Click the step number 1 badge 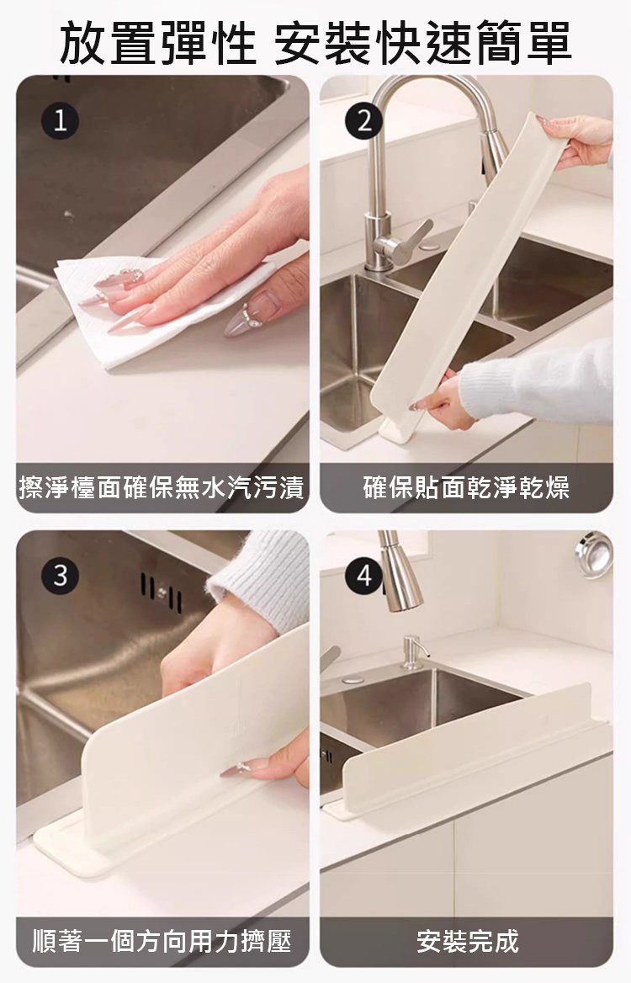pos(60,121)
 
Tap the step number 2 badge pos(364,121)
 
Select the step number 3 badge pos(60,575)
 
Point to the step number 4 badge pos(364,575)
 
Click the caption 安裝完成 pos(468,941)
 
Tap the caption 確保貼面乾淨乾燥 pos(466,487)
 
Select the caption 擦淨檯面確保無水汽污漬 pos(162,487)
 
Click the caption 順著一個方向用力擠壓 pos(162,941)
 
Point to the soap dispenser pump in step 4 pos(414,651)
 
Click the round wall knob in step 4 pos(594,554)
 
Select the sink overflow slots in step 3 pos(162,592)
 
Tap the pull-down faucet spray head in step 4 pos(399,571)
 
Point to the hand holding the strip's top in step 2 pos(576,141)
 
